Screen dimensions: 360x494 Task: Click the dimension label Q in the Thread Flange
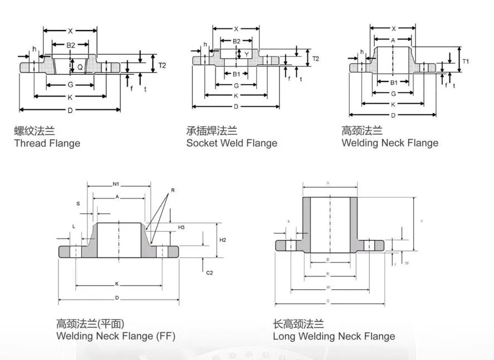(x=80, y=66)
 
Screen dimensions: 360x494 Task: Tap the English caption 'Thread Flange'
(x=47, y=143)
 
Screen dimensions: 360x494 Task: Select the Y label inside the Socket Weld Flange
(x=247, y=54)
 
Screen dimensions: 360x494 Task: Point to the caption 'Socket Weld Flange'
(x=232, y=143)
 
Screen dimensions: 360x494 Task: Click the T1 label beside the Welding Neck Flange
(x=466, y=61)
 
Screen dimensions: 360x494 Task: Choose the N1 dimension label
(x=116, y=184)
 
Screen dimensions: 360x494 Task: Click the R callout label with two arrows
(x=173, y=191)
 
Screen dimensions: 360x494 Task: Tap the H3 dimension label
(x=181, y=228)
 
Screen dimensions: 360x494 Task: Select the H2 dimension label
(x=222, y=240)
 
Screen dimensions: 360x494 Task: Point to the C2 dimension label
(x=209, y=273)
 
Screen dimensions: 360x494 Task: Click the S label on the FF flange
(x=78, y=204)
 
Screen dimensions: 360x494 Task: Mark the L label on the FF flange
(x=74, y=226)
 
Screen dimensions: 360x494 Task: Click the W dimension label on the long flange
(x=329, y=288)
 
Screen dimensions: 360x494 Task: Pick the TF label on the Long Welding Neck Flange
(x=407, y=263)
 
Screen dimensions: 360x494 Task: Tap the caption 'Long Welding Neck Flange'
(x=334, y=336)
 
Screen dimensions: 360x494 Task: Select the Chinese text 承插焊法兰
(x=212, y=131)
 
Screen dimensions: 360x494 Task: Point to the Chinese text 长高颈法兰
(x=298, y=324)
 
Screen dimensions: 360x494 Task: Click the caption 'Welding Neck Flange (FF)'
(x=115, y=336)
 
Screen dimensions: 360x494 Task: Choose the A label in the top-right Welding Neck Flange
(x=393, y=40)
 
